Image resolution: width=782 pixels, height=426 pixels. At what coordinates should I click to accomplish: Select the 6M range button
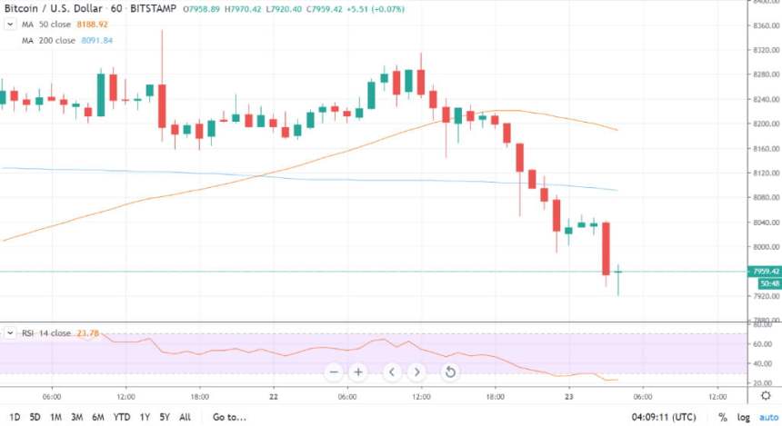97,417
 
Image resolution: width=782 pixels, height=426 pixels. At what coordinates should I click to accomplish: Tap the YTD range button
121,417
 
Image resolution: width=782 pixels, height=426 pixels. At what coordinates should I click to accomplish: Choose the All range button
185,417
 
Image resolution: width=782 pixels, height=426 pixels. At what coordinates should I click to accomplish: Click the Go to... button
229,417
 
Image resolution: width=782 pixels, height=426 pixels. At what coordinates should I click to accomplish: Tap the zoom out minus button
334,372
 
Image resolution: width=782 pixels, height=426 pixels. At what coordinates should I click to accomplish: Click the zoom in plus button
358,372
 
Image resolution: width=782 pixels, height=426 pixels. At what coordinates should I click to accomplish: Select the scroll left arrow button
392,372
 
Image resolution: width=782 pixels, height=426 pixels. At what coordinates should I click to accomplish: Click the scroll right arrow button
416,372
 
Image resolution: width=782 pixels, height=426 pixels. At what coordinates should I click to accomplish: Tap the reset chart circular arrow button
449,372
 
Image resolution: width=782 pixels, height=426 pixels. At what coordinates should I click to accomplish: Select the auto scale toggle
766,417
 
